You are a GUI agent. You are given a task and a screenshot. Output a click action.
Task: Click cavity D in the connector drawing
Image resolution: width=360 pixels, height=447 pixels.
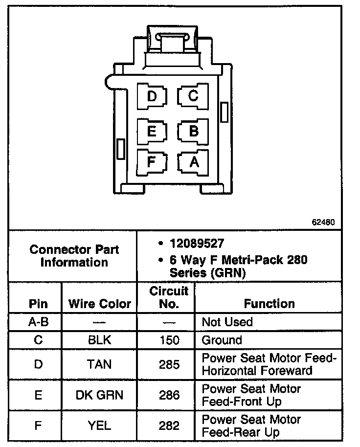tap(152, 96)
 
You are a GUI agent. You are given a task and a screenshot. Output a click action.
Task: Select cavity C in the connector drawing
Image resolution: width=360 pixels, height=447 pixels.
tap(194, 96)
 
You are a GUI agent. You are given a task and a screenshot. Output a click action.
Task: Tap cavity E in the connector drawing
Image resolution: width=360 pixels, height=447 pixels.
tap(152, 131)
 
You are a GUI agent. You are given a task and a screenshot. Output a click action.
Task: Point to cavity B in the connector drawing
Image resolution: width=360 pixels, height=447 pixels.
tap(194, 131)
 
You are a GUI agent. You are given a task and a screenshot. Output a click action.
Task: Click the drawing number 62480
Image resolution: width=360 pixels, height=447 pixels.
tap(323, 222)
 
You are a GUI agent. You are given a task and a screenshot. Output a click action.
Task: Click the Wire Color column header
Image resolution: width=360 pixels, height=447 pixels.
tap(100, 304)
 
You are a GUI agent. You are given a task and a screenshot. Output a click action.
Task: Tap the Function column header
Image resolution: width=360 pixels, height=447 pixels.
tap(269, 304)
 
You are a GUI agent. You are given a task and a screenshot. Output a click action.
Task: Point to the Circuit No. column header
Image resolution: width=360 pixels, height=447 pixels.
tap(169, 297)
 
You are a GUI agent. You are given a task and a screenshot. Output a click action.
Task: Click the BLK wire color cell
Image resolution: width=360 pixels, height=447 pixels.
tap(100, 340)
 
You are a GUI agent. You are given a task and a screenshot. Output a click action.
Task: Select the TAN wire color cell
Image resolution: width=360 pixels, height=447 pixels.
tap(100, 364)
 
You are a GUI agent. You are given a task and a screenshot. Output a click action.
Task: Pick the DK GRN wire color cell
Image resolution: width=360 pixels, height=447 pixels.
tap(100, 395)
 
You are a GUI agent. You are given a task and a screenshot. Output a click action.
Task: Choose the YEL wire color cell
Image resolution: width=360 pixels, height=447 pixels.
tap(100, 425)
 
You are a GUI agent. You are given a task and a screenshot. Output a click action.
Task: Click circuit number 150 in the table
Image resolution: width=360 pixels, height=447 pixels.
tap(169, 340)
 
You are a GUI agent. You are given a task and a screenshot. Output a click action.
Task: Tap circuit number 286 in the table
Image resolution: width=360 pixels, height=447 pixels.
tap(169, 395)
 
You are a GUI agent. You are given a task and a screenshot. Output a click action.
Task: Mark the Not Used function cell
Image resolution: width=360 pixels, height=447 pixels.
tap(227, 322)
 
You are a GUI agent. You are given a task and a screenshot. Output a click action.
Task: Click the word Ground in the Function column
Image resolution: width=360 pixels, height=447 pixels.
tap(222, 340)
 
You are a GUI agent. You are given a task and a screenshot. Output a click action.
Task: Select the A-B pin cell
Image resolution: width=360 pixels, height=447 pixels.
tap(38, 322)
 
